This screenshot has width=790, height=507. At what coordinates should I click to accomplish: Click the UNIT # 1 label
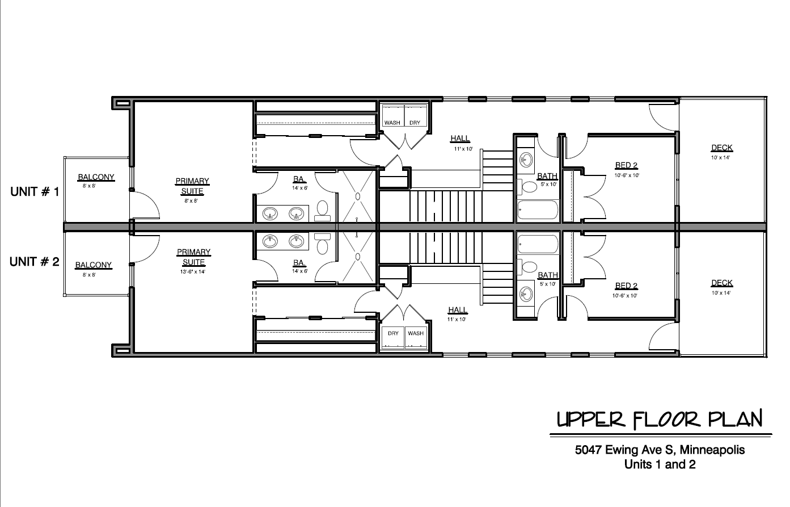pos(35,192)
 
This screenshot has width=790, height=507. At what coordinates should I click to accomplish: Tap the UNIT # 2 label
pos(34,262)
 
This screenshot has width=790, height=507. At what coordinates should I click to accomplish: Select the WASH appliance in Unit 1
pos(392,115)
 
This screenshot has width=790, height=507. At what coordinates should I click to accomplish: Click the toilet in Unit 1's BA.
pos(322,211)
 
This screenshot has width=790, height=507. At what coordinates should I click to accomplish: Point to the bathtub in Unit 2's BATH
pos(538,245)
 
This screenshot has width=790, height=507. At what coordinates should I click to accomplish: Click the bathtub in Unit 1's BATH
pos(538,210)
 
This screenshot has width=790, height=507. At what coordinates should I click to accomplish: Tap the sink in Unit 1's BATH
pos(526,160)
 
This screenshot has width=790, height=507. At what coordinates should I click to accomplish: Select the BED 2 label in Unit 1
pos(626,165)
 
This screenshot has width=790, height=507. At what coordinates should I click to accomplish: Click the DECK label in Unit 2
pos(722,283)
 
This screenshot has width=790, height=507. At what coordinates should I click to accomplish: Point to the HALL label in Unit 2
pos(458,310)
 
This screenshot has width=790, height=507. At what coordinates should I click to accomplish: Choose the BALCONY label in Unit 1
pos(96,177)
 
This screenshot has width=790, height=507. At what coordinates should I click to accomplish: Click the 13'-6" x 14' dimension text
pos(193,272)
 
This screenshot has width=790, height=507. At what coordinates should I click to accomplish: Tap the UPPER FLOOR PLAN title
pos(660,420)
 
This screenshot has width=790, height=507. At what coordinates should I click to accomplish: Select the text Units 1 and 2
pos(660,464)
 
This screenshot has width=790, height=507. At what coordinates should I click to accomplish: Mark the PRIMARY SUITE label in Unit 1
pos(193,186)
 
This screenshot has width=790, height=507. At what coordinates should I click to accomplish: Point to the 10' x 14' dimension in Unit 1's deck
pos(720,157)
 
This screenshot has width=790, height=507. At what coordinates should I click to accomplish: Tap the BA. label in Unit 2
pos(299,263)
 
